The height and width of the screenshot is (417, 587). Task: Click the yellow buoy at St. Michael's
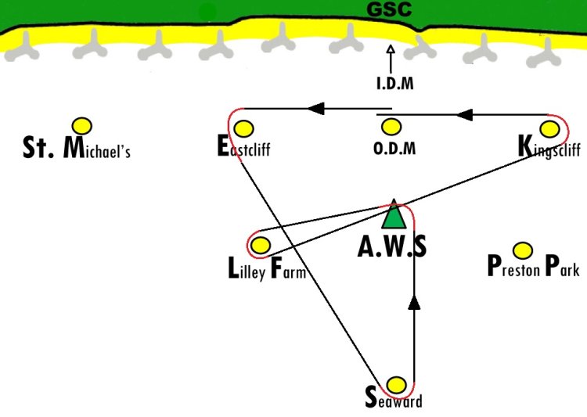point(82,126)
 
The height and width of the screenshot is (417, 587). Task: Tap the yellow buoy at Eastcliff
point(243,129)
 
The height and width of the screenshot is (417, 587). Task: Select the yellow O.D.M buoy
point(391,127)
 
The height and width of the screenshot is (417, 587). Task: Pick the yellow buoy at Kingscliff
point(549,129)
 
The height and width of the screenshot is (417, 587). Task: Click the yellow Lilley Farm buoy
point(261,245)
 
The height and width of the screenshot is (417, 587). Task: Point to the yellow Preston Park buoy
point(523,250)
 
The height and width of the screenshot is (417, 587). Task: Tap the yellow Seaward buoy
point(396,385)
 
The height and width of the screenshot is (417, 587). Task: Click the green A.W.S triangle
point(394,215)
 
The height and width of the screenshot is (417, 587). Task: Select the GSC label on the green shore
point(389,9)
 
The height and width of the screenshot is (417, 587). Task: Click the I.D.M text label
point(395,84)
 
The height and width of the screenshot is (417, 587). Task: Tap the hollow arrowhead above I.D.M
point(391,49)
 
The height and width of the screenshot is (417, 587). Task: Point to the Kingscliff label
point(549,148)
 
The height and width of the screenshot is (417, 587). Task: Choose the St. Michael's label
point(77,148)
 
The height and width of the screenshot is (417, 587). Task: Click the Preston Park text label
point(534,267)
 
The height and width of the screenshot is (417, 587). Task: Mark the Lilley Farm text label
point(267,268)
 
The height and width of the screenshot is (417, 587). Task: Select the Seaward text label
point(394,399)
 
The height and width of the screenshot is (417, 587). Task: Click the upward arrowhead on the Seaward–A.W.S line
point(414,302)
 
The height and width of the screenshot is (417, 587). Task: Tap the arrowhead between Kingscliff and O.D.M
point(464,115)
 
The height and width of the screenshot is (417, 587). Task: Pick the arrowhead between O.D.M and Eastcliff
point(315,109)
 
